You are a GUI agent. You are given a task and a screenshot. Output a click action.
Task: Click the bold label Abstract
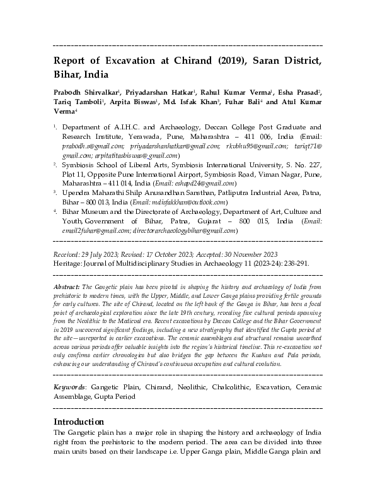[67, 286]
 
